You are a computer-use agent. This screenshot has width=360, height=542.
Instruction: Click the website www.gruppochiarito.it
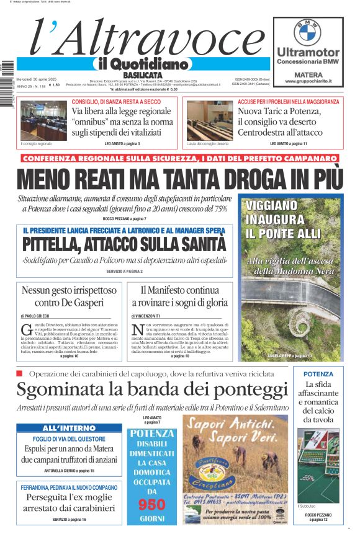tap(308, 81)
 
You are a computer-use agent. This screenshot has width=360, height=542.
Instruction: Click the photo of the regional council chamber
tap(43, 121)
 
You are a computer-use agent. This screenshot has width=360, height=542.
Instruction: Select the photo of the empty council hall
tap(209, 121)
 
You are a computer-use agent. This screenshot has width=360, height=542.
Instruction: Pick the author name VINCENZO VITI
tap(152, 316)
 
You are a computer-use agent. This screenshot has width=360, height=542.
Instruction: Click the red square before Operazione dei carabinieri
tap(20, 373)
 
